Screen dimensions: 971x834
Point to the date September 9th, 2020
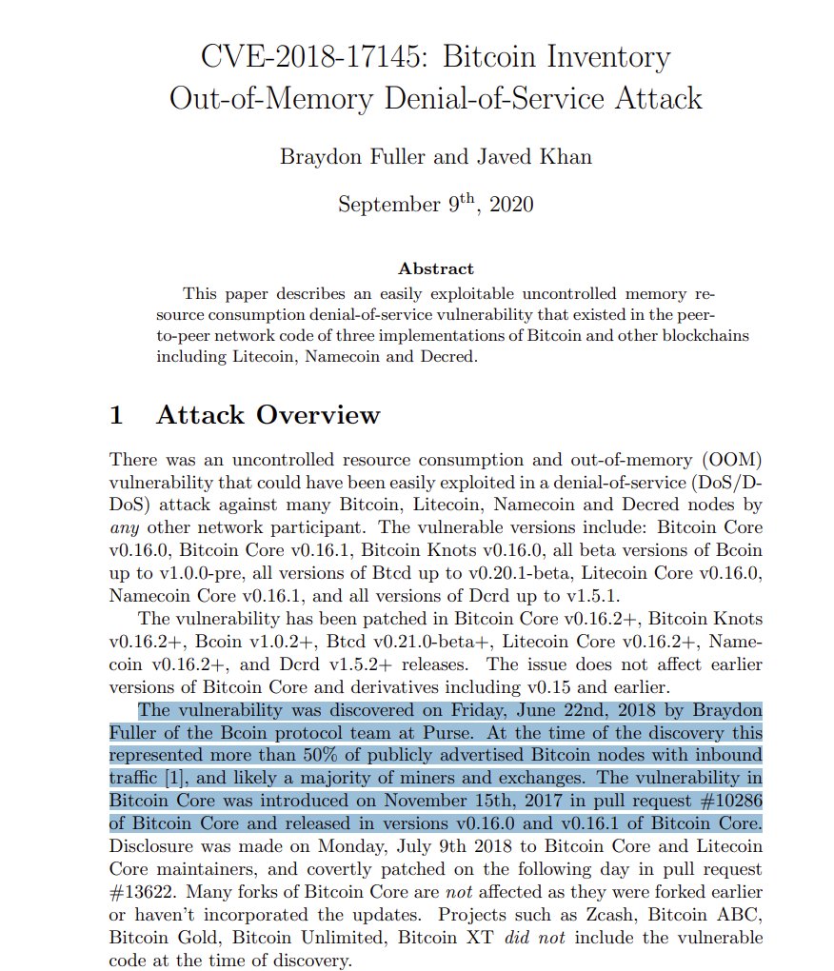click(x=435, y=205)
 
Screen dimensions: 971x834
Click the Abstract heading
click(x=435, y=269)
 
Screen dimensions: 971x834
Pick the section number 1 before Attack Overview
click(x=117, y=415)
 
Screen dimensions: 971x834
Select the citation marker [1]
click(x=174, y=777)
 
